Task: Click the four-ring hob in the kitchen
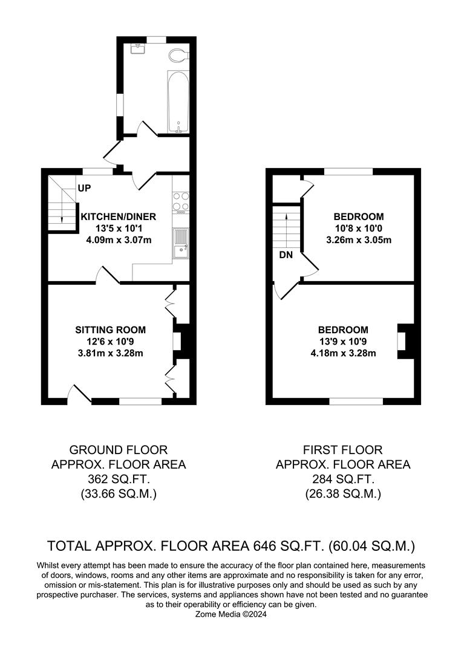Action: coord(181,203)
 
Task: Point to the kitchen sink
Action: coord(181,244)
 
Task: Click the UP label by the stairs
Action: coord(84,188)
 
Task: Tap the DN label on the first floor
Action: coord(286,255)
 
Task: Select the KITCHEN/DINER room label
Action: coord(119,216)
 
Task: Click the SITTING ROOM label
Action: coord(110,330)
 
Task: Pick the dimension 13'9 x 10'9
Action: coord(343,342)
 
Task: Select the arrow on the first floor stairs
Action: coord(287,225)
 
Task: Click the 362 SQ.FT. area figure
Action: coord(119,479)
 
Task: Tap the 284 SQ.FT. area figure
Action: coord(343,479)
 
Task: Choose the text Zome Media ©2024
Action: coord(231,614)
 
